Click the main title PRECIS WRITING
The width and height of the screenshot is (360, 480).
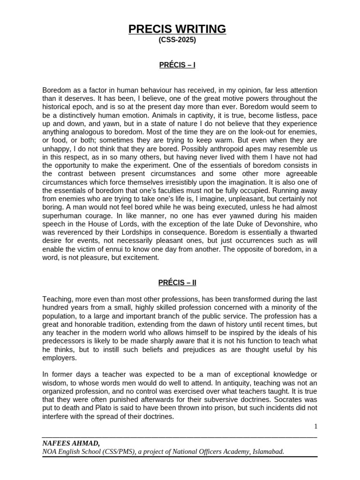click(x=177, y=29)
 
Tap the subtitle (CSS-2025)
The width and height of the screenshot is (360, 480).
click(x=177, y=40)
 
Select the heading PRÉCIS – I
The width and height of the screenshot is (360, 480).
click(x=177, y=65)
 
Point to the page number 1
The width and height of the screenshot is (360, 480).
click(x=316, y=426)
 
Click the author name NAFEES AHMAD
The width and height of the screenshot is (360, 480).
click(x=70, y=443)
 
